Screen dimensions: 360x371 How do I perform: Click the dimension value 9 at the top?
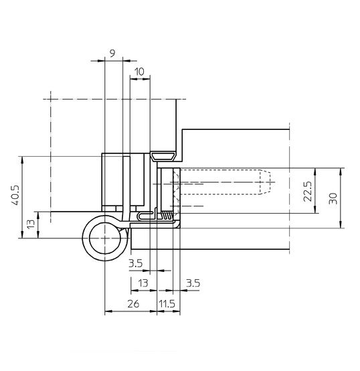112,53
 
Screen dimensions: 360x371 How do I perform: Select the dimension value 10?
139,72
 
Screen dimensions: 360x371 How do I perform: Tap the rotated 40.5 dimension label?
15,195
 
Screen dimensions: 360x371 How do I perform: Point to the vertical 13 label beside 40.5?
31,224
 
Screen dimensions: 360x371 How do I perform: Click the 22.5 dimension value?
308,191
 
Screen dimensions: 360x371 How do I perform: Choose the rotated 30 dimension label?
333,198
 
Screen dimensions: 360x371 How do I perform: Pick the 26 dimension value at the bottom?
133,304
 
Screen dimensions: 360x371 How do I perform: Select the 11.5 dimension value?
167,304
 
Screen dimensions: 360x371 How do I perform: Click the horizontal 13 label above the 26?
143,283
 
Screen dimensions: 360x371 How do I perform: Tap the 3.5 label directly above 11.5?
193,283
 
